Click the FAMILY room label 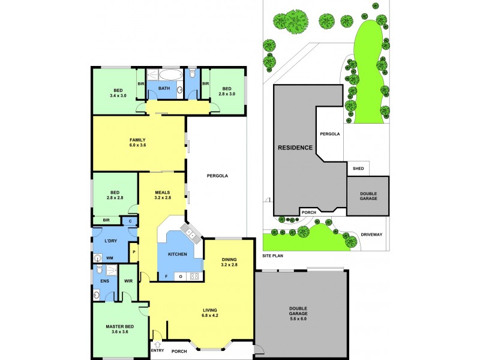137,140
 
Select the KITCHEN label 177,254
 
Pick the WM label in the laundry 109,258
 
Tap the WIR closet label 128,280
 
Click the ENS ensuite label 104,280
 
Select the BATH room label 164,89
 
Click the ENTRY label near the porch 157,351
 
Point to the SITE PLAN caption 272,256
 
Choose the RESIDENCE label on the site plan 295,147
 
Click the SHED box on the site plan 358,169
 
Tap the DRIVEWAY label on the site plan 371,235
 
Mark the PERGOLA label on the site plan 330,134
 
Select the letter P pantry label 134,252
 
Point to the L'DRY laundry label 110,241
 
